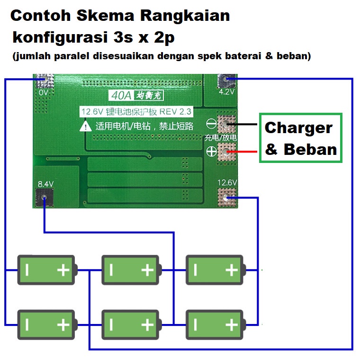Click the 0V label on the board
click(44, 93)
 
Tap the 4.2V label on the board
click(226, 92)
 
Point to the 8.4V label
click(45, 183)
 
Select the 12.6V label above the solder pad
click(226, 182)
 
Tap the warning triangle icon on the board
click(85, 126)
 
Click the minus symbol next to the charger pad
click(211, 124)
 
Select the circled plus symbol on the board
click(211, 152)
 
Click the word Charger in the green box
click(298, 128)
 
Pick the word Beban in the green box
click(310, 150)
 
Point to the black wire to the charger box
click(244, 125)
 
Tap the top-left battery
click(46, 270)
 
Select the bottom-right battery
click(216, 324)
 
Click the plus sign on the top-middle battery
click(148, 270)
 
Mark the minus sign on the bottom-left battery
click(27, 324)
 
